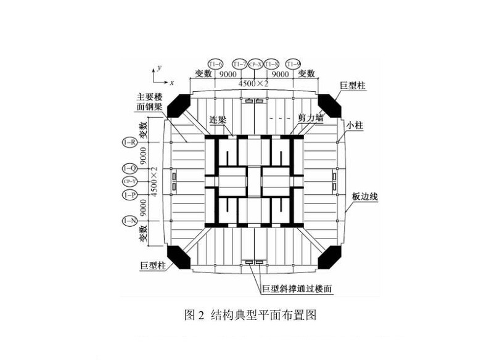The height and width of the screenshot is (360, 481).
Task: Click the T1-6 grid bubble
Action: click(215, 63)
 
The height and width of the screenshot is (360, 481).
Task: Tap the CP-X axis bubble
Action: click(255, 63)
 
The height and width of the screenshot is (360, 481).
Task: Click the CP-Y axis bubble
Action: click(129, 182)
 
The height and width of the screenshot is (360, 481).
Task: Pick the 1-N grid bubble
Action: click(129, 220)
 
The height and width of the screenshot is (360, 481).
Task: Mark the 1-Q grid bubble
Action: click(129, 168)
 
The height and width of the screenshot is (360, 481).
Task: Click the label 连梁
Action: click(219, 119)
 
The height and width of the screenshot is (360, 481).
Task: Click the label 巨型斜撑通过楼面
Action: click(298, 288)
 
